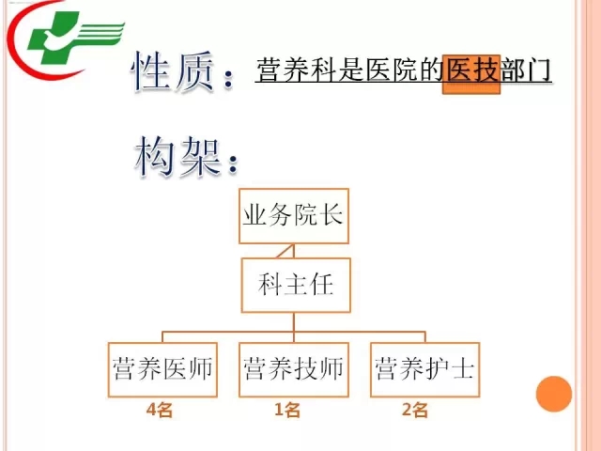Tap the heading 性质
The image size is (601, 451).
coord(173,71)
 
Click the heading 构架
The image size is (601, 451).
coord(177,157)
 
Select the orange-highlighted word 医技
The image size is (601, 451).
coord(471,70)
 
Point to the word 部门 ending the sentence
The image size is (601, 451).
coord(525,70)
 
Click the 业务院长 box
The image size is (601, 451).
coord(294,216)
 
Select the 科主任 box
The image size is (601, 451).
coord(296,285)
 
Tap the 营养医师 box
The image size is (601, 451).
coord(162,369)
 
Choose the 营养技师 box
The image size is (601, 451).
coord(294,369)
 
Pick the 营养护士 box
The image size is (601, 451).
coord(424,369)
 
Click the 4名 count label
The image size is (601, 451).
coord(160,410)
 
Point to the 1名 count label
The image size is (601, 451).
coord(287,410)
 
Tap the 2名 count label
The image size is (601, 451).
coord(415,410)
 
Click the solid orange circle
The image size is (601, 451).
coord(553,394)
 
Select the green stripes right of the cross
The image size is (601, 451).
coord(100,35)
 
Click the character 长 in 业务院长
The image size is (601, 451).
coord(331,215)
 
